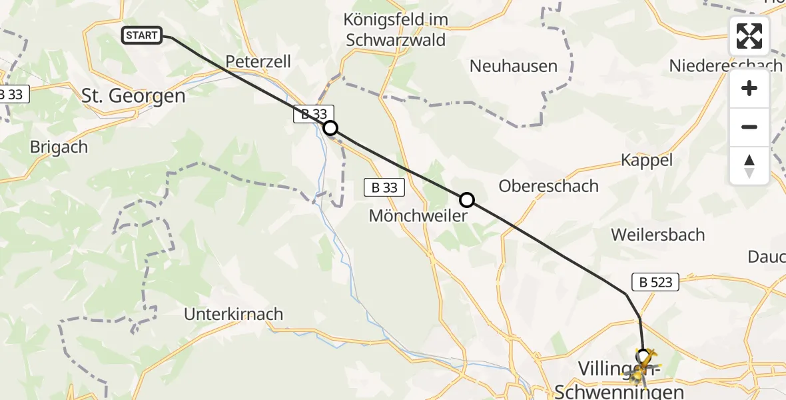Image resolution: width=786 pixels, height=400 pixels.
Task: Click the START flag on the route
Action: click(142, 35)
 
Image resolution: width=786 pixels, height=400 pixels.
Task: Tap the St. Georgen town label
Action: click(133, 95)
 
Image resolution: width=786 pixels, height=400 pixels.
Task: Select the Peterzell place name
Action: click(258, 61)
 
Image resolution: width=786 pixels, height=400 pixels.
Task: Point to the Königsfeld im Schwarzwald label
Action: click(396, 30)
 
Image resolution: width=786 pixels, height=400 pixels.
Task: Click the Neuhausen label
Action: click(513, 66)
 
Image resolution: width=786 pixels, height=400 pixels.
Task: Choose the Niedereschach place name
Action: click(725, 65)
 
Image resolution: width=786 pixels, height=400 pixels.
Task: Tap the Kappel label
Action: click(646, 160)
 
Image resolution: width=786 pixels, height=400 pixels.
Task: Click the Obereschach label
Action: click(548, 186)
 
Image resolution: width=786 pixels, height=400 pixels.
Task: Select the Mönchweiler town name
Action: click(417, 217)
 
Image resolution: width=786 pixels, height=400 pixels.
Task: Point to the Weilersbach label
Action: click(657, 235)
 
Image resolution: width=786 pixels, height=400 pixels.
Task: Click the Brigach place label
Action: click(59, 147)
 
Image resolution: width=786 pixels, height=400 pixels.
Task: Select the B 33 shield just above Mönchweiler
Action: click(384, 188)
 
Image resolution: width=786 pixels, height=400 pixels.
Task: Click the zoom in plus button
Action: click(749, 88)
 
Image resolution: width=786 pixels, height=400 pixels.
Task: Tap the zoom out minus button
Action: click(749, 127)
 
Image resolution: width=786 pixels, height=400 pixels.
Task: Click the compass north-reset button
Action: click(749, 165)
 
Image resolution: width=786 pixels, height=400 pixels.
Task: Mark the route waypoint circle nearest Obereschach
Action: click(467, 199)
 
